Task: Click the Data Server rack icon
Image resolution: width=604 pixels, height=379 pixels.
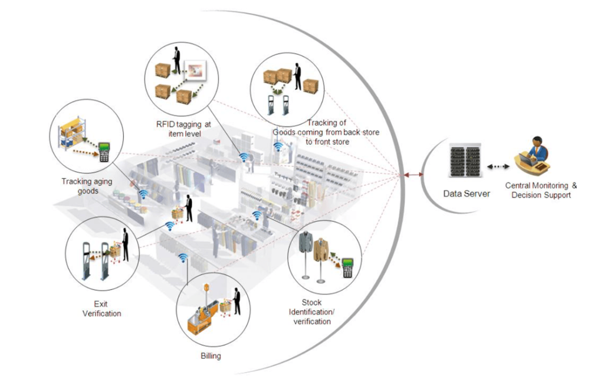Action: pyautogui.click(x=465, y=159)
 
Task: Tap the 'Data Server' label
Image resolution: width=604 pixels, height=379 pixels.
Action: pyautogui.click(x=467, y=194)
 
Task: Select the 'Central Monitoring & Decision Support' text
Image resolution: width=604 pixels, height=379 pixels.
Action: pyautogui.click(x=541, y=190)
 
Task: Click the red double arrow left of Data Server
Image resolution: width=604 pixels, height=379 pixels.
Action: pyautogui.click(x=413, y=175)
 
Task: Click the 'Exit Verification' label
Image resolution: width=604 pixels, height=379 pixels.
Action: pyautogui.click(x=101, y=309)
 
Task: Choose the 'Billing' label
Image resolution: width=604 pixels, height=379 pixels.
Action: pyautogui.click(x=211, y=356)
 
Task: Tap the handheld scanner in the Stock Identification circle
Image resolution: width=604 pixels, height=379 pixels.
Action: pyautogui.click(x=347, y=267)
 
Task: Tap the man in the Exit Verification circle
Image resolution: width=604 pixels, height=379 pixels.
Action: pyautogui.click(x=125, y=245)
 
